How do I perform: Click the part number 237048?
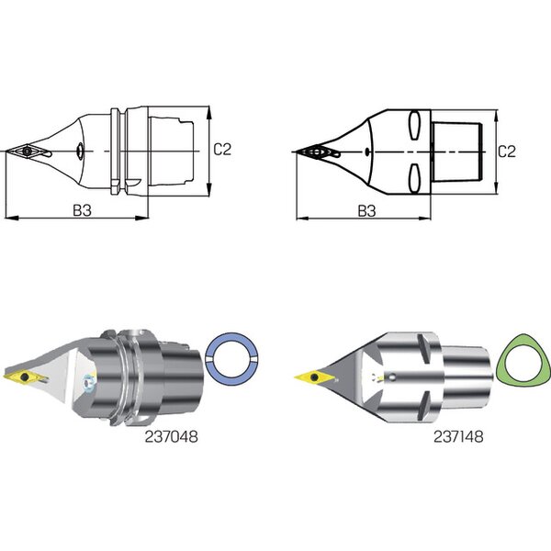pos(171,437)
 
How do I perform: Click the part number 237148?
pos(458,437)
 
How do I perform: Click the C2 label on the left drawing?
pos(222,150)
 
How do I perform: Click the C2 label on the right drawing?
pos(507,152)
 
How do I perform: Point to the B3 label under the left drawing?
pos(83,210)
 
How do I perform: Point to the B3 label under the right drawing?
pos(366,211)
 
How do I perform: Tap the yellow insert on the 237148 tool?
pos(314,377)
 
